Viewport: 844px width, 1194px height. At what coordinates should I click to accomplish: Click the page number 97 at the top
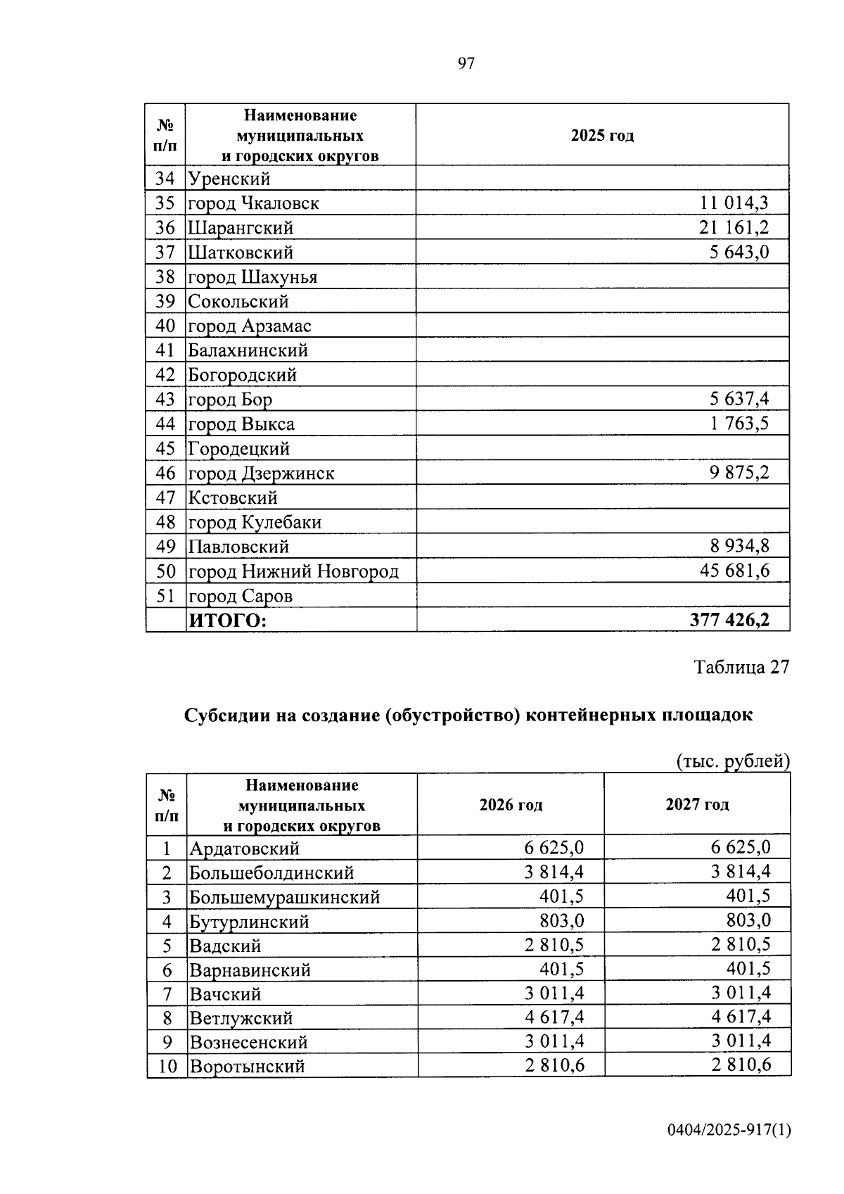(x=466, y=64)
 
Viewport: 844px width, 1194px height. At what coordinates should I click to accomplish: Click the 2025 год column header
(x=602, y=136)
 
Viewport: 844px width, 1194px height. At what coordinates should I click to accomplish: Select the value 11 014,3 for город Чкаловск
(x=734, y=203)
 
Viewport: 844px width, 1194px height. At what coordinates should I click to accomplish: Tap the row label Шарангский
(x=240, y=228)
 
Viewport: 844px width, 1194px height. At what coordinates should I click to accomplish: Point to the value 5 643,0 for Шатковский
(x=738, y=252)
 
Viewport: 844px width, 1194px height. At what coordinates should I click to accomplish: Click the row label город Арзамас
(x=249, y=326)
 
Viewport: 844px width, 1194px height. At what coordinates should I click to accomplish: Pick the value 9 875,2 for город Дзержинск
(x=738, y=473)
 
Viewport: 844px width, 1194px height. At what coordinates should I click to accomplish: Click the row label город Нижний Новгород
(x=293, y=571)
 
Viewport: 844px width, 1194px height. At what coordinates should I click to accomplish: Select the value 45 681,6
(x=734, y=571)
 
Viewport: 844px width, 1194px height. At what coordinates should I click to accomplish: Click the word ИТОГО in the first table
(x=226, y=621)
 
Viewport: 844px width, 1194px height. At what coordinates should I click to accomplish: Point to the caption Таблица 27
(x=742, y=667)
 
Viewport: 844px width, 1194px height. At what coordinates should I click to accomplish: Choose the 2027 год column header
(x=697, y=804)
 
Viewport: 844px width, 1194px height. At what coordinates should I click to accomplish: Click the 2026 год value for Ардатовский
(x=554, y=847)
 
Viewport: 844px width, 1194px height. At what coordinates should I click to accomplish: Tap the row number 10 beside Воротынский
(x=167, y=1066)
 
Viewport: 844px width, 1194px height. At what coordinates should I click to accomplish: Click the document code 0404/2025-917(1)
(x=729, y=1131)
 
